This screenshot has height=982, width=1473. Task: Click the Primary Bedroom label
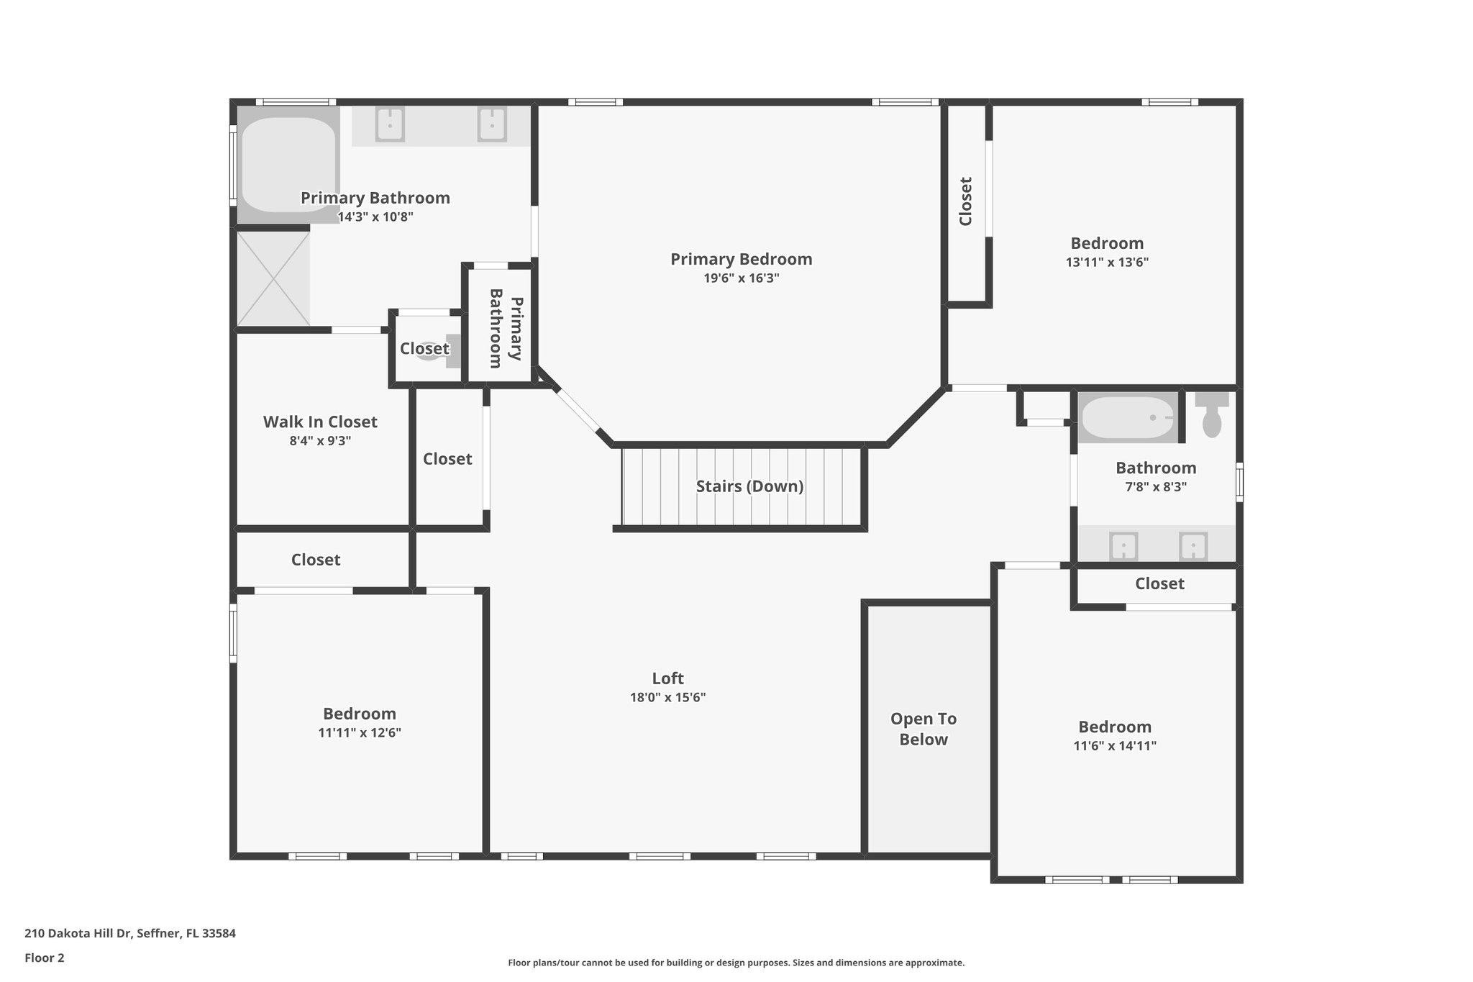tap(741, 259)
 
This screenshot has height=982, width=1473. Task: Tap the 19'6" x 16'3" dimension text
tap(741, 278)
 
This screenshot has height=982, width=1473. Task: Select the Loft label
tap(667, 678)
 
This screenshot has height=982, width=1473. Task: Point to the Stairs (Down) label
tap(749, 486)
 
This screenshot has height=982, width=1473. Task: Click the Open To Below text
tap(924, 729)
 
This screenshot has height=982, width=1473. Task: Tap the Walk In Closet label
tap(320, 422)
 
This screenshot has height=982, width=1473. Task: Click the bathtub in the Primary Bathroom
tap(288, 164)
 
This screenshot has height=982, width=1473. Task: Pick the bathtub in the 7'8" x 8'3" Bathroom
tap(1127, 418)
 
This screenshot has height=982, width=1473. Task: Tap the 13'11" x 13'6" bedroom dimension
tap(1107, 263)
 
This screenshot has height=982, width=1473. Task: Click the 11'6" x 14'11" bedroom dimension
tap(1115, 746)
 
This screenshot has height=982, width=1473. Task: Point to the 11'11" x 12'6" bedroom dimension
tap(360, 733)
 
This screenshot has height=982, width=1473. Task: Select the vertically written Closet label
tap(966, 201)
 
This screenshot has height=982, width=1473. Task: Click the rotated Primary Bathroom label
tap(506, 328)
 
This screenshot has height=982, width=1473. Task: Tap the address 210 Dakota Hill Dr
tap(130, 933)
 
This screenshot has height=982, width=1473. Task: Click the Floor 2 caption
tap(45, 958)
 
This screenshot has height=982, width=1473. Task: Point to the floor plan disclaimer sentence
tap(736, 963)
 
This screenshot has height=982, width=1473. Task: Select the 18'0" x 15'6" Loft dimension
tap(667, 697)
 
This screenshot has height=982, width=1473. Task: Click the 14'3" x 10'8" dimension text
tap(375, 217)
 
